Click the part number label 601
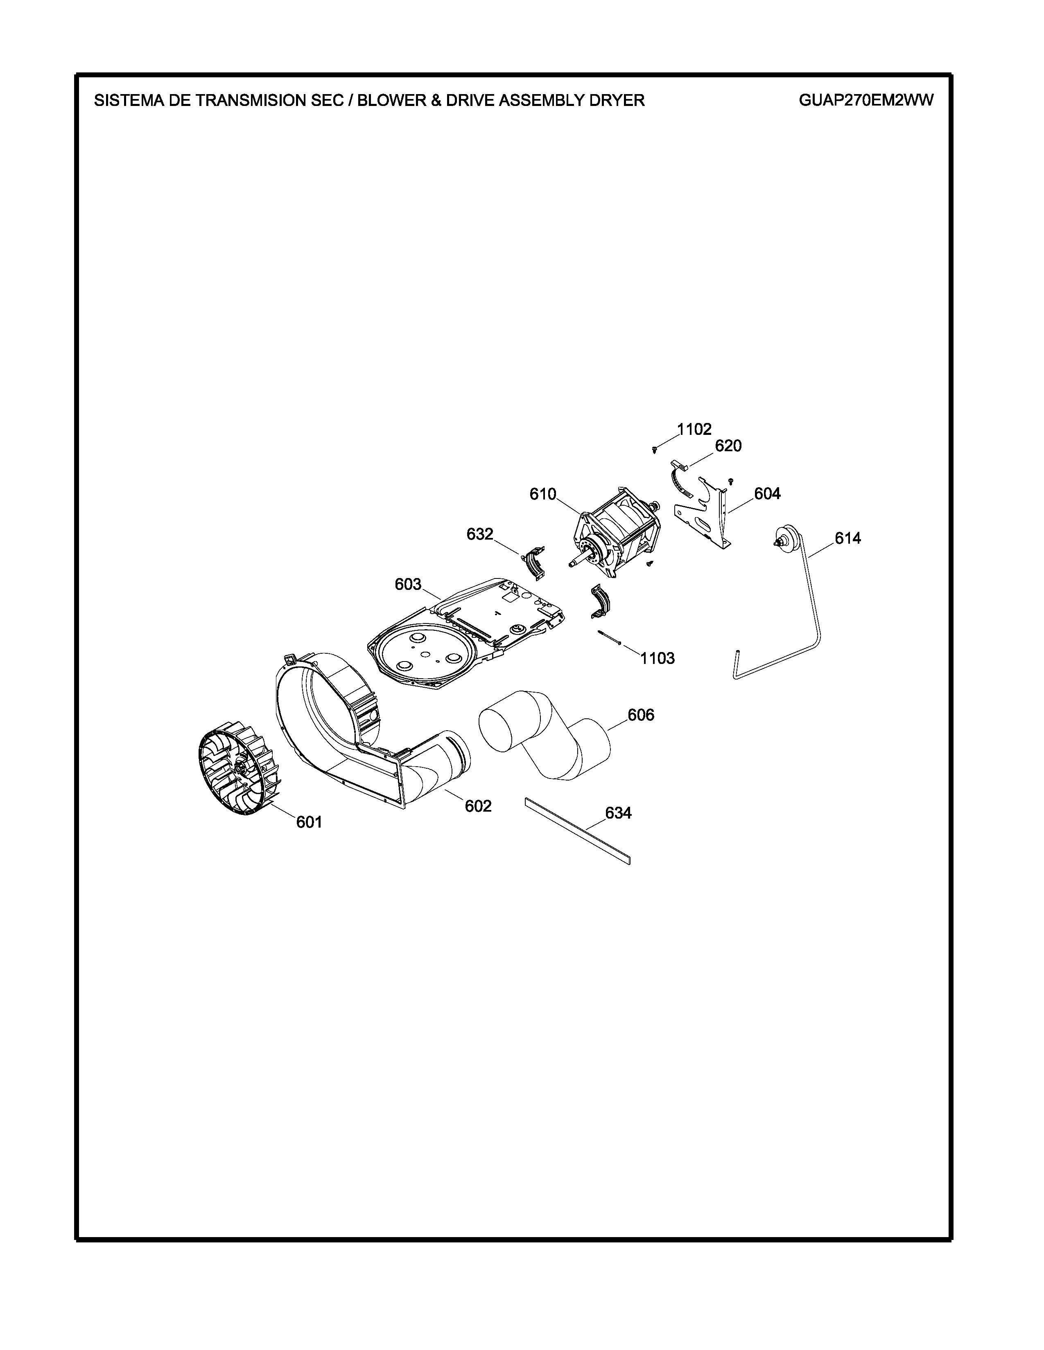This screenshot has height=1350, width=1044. click(x=309, y=822)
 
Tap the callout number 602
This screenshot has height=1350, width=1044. click(x=478, y=806)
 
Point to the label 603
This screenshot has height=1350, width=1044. click(x=408, y=584)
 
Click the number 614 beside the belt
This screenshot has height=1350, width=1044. click(x=848, y=538)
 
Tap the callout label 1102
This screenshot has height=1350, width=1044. click(x=694, y=429)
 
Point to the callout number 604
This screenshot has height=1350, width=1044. click(x=767, y=493)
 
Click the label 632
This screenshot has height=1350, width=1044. click(x=480, y=534)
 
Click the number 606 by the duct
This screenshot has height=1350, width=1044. click(x=641, y=715)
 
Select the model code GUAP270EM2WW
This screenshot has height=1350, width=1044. click(x=866, y=100)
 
